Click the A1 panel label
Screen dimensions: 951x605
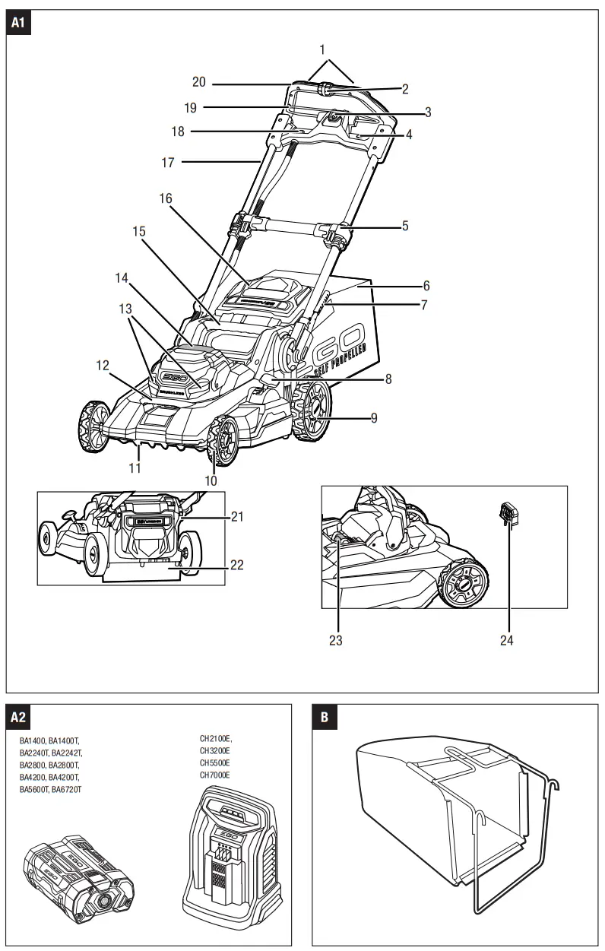(x=19, y=24)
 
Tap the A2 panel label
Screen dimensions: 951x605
(x=19, y=717)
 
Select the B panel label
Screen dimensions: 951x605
(x=325, y=717)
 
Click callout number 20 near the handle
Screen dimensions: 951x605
(x=199, y=82)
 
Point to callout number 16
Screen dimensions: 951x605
(x=166, y=198)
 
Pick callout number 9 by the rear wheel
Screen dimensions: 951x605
(x=373, y=417)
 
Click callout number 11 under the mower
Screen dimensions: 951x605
(x=135, y=468)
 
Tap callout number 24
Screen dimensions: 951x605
(x=507, y=640)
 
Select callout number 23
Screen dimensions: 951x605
(x=335, y=640)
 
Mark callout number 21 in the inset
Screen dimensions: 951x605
(x=238, y=517)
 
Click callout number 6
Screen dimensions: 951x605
(x=426, y=286)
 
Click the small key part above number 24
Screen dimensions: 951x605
(x=507, y=514)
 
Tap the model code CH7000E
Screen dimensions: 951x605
(x=215, y=775)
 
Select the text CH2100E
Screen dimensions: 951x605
(x=216, y=738)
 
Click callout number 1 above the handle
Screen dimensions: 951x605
(x=322, y=49)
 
